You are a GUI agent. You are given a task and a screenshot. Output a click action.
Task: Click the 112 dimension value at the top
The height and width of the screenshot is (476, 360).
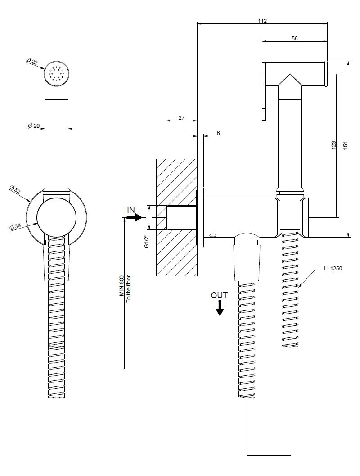click(x=262, y=21)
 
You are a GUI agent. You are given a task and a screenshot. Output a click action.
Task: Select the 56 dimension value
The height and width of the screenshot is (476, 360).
click(x=294, y=38)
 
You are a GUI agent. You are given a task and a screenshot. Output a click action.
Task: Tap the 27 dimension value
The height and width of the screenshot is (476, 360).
click(x=181, y=118)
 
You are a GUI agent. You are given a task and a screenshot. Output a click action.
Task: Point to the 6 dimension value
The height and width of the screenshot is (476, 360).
click(x=218, y=133)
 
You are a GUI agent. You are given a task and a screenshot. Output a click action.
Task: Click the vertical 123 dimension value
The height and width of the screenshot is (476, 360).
click(x=333, y=145)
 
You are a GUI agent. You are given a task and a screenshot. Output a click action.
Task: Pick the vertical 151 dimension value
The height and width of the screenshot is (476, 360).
click(x=345, y=145)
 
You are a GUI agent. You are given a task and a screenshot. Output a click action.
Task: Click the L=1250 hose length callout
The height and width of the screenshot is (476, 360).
click(x=333, y=269)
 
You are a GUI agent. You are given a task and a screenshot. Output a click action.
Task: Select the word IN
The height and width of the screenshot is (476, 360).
click(x=131, y=210)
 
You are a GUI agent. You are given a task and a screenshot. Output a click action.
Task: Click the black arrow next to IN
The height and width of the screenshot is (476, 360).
click(x=135, y=217)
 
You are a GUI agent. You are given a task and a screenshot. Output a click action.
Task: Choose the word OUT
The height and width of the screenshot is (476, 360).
click(x=219, y=296)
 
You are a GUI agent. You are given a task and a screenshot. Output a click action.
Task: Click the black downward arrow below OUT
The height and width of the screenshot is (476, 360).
click(x=220, y=308)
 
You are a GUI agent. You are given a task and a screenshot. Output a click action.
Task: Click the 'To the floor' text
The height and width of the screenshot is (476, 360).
click(x=128, y=289)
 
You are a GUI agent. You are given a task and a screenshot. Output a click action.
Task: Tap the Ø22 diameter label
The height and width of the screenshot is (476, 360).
click(x=32, y=61)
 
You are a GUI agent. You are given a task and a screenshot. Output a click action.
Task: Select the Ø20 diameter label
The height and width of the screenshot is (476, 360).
click(x=34, y=126)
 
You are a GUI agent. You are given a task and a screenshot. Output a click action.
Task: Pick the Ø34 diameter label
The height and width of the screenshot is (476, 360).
click(x=15, y=226)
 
